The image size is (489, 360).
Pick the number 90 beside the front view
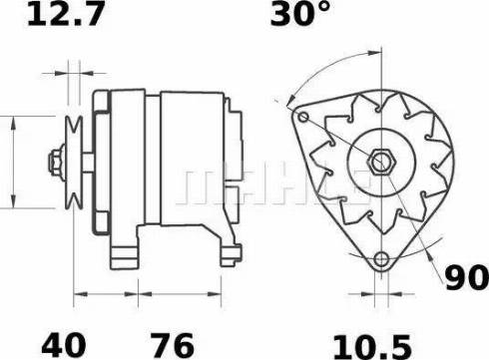(466, 278)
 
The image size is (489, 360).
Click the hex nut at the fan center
(380, 159)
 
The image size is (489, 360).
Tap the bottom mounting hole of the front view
(380, 261)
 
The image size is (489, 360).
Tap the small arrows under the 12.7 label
(71, 73)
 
